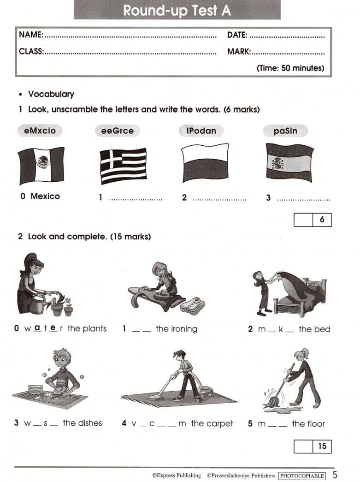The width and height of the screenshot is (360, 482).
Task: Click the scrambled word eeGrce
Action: pyautogui.click(x=118, y=131)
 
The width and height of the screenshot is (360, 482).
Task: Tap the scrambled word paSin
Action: pyautogui.click(x=285, y=131)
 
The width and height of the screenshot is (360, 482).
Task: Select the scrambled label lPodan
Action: pyautogui.click(x=201, y=131)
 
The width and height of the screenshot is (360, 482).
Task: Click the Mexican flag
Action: pyautogui.click(x=41, y=166)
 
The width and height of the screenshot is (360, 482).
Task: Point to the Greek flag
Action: pyautogui.click(x=123, y=166)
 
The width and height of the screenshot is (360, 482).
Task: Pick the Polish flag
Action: pyautogui.click(x=205, y=163)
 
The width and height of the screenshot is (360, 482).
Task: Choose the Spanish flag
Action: pyautogui.click(x=289, y=163)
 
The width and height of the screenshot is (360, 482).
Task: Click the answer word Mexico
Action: pyautogui.click(x=45, y=196)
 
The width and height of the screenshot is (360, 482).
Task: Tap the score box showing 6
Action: pyautogui.click(x=313, y=220)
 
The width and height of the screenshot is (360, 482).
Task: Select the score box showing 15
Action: pyautogui.click(x=313, y=446)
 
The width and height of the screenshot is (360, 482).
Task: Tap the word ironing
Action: pyautogui.click(x=184, y=329)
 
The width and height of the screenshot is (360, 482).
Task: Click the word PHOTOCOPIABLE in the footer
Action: pyautogui.click(x=302, y=476)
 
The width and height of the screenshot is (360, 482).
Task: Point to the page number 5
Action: pyautogui.click(x=335, y=475)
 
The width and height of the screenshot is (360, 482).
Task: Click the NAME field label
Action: pyautogui.click(x=31, y=35)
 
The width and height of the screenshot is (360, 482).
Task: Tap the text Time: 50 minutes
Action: pyautogui.click(x=290, y=68)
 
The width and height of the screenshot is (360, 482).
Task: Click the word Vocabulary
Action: pyautogui.click(x=51, y=94)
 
